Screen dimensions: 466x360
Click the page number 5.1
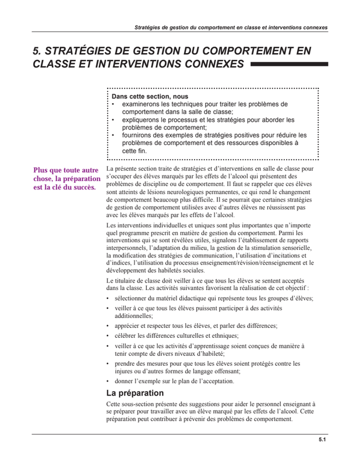pos(322,440)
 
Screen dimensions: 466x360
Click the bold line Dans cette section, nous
pos(150,97)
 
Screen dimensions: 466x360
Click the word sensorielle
pos(295,248)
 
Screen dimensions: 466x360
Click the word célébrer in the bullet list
pos(128,336)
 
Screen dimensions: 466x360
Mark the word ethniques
pos(223,336)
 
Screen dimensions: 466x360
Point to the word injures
pos(125,371)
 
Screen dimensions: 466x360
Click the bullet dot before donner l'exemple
pos(109,381)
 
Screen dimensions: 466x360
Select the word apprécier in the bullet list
pos(129,326)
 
